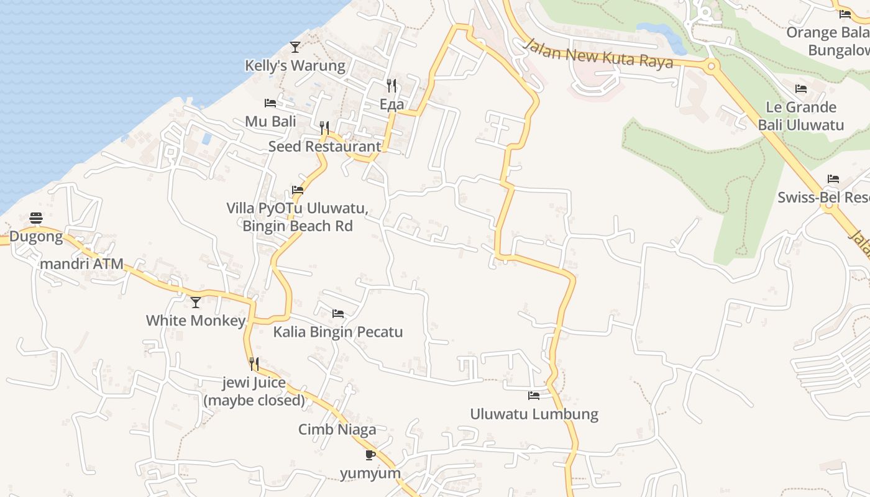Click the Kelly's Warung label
295,65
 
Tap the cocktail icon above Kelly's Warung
295,47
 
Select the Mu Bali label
270,121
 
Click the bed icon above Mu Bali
270,103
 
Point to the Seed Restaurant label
324,147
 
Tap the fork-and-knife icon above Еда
391,85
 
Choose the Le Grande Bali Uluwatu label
800,116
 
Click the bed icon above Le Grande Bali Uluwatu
801,89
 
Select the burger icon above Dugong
36,217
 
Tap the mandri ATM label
81,263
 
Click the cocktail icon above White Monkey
196,302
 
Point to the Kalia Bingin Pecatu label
338,332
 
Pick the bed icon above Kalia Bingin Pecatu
338,313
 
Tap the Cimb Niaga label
337,429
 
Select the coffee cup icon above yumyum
370,455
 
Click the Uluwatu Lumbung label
534,414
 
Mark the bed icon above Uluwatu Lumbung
534,395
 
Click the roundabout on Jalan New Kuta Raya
711,65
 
